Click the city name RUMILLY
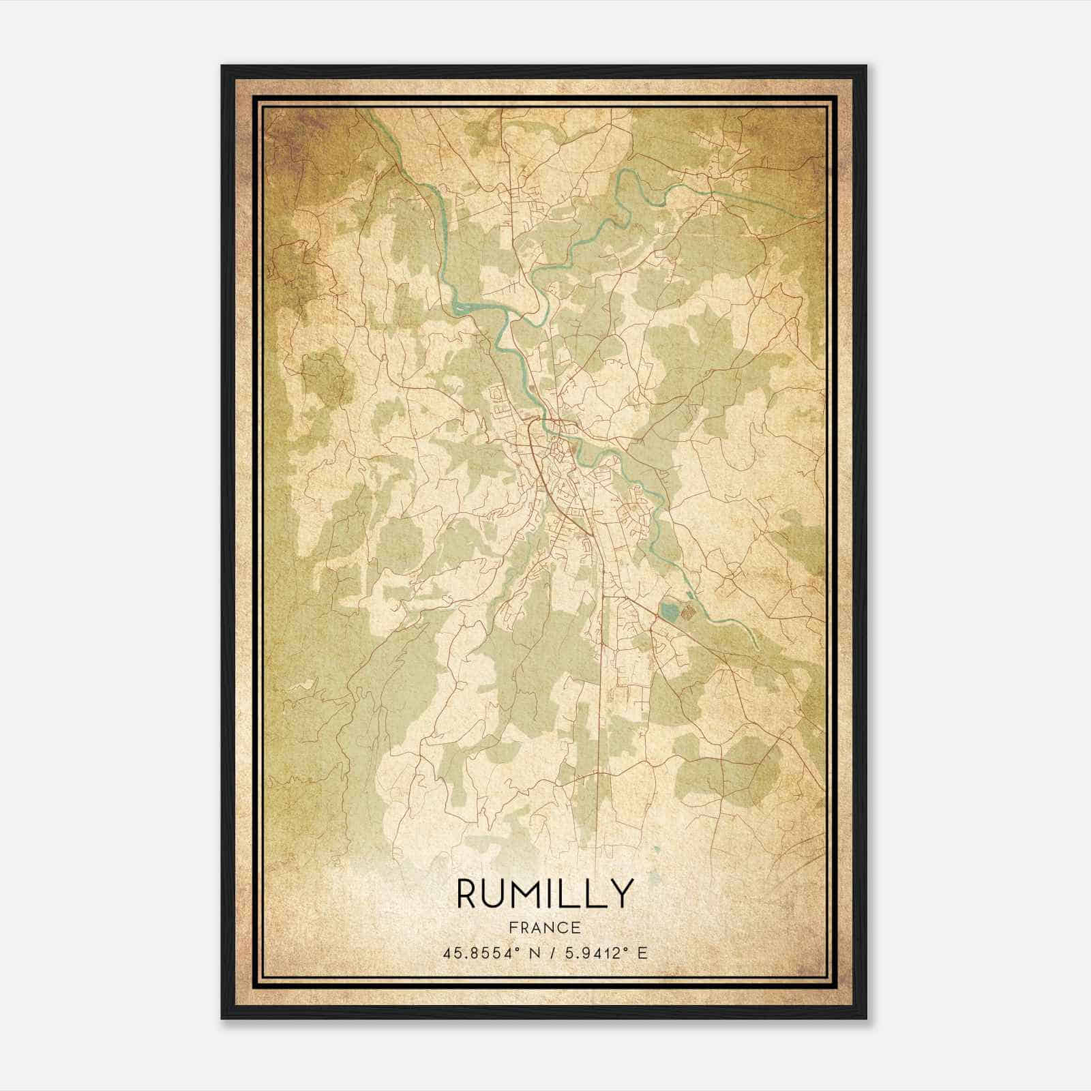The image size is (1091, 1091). click(x=545, y=893)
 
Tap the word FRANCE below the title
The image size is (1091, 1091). click(x=545, y=928)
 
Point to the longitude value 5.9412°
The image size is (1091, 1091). click(x=593, y=953)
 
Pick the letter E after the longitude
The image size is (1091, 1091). click(x=642, y=953)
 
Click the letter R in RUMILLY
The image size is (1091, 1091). click(x=468, y=893)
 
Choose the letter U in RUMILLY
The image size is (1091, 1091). click(x=498, y=893)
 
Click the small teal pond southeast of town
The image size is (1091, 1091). click(x=670, y=609)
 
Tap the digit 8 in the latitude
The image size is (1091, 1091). click(x=464, y=953)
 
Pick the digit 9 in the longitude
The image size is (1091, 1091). click(x=583, y=953)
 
